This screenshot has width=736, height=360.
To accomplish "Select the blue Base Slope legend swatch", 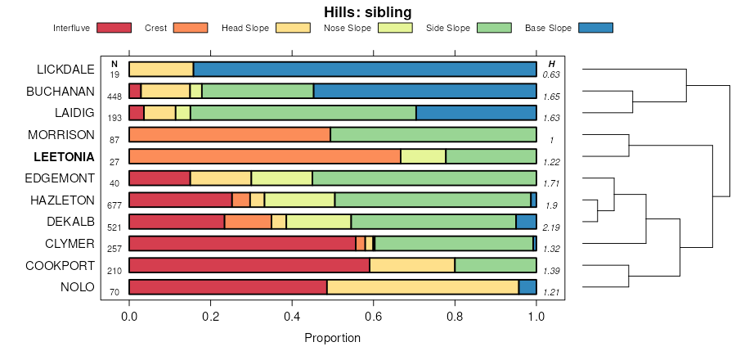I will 595,28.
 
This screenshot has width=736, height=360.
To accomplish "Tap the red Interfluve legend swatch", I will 114,28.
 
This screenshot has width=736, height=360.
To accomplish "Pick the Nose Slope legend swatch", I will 394,28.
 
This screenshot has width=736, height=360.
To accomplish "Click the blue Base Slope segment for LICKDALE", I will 365,69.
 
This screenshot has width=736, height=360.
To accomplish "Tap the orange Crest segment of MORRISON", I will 230,134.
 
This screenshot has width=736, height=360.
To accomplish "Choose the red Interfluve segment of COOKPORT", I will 249,265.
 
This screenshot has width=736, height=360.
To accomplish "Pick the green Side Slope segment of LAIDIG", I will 303,113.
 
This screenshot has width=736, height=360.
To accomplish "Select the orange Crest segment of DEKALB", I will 248,222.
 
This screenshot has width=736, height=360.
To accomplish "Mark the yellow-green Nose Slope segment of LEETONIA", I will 423,156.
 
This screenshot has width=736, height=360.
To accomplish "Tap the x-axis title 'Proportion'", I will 332,337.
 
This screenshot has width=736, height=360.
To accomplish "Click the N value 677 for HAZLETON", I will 114,205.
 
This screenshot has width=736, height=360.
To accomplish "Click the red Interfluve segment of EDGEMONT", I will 159,178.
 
